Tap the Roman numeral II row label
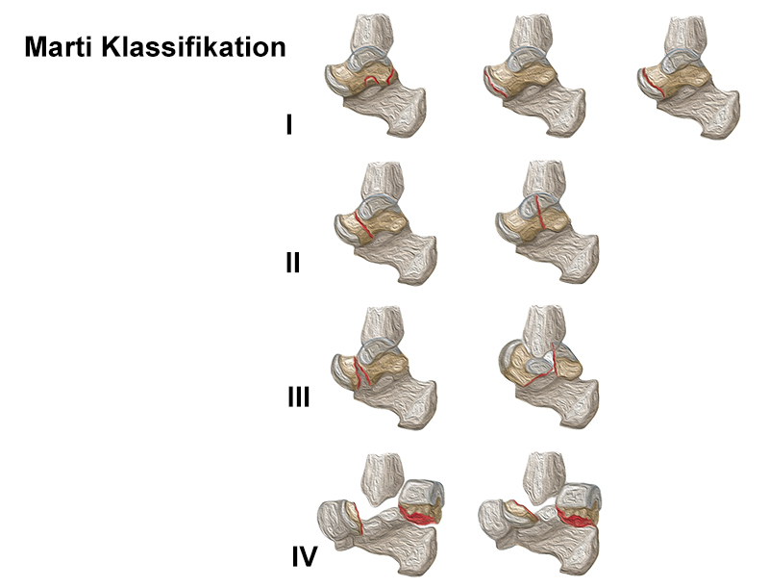(x=292, y=262)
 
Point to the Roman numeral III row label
(x=298, y=396)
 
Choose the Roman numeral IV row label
(x=304, y=555)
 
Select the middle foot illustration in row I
(x=534, y=81)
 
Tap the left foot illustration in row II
(x=380, y=227)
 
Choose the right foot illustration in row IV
(x=543, y=515)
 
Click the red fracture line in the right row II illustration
(x=541, y=216)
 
